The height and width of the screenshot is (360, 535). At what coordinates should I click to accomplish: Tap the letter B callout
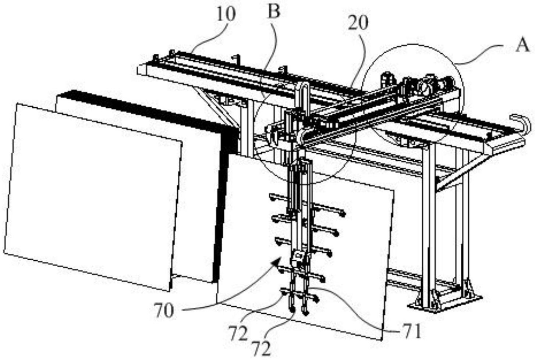(x=274, y=11)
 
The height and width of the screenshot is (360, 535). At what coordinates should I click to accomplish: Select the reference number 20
(x=358, y=23)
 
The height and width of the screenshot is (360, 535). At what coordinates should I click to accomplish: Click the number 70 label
(x=163, y=311)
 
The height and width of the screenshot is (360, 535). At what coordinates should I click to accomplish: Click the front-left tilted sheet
(x=92, y=195)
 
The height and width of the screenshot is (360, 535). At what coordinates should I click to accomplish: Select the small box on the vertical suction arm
(x=297, y=257)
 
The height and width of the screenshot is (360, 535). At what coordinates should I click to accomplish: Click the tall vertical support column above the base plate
(x=429, y=221)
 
